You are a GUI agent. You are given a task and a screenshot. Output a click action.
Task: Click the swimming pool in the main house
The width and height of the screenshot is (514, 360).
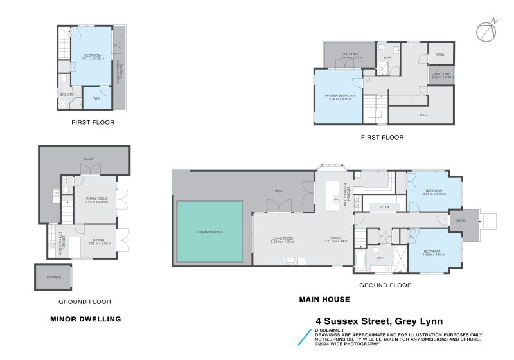pyautogui.click(x=209, y=231)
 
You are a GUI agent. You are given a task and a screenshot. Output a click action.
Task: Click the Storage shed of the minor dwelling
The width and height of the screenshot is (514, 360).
pyautogui.click(x=54, y=277)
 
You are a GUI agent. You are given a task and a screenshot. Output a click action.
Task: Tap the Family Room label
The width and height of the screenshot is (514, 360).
pyautogui.click(x=97, y=199)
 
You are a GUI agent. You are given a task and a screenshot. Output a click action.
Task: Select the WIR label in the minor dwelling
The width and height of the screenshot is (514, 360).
pyautogui.click(x=96, y=98)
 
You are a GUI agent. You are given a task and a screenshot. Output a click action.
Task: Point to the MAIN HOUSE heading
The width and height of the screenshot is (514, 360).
pyautogui.click(x=324, y=299)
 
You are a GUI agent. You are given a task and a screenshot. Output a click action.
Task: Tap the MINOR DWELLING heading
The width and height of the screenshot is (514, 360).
pyautogui.click(x=85, y=318)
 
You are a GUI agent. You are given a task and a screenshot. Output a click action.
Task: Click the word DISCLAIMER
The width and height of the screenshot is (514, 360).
pyautogui.click(x=330, y=330)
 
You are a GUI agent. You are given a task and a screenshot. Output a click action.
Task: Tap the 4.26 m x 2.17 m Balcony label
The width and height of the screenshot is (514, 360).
pyautogui.click(x=350, y=55)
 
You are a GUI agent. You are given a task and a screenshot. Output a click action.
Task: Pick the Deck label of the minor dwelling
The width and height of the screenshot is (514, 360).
pyautogui.click(x=89, y=158)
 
